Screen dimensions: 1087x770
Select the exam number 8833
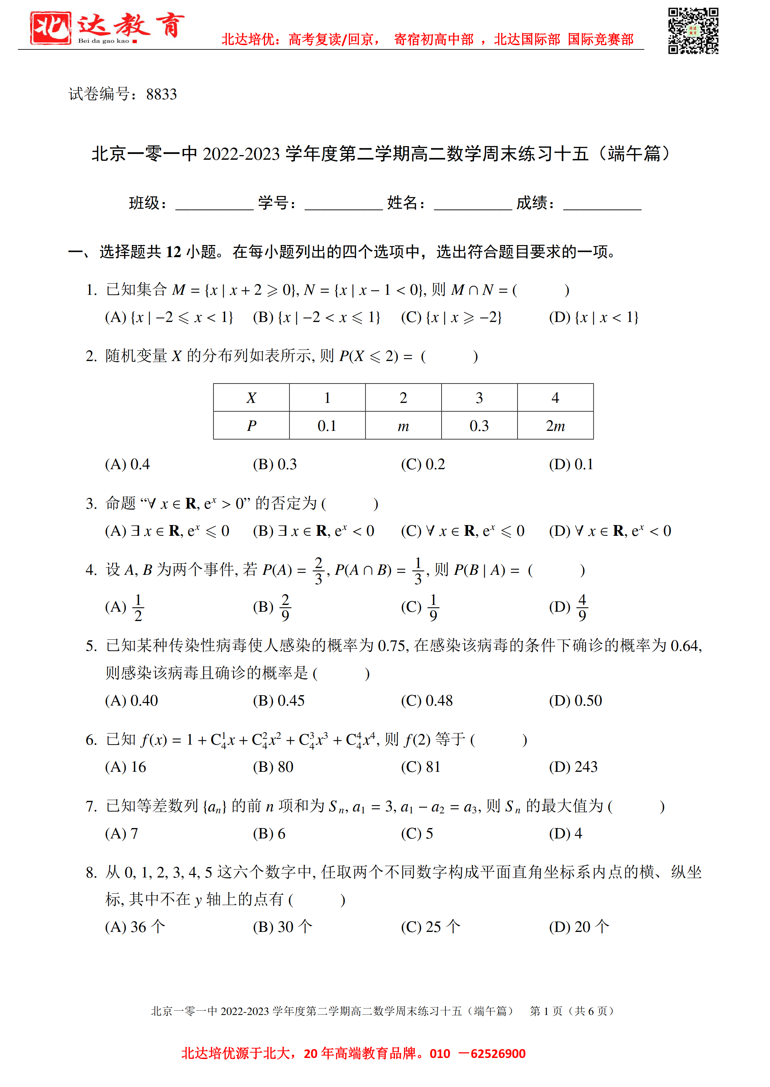pos(161,94)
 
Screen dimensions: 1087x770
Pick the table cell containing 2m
pos(555,426)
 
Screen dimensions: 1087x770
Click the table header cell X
pos(251,398)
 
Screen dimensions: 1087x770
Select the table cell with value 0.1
pos(327,426)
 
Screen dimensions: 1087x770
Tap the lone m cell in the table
pos(403,426)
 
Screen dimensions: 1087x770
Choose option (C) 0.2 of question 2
pos(423,464)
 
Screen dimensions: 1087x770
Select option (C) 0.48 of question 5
pos(427,701)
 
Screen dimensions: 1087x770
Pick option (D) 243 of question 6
pos(573,766)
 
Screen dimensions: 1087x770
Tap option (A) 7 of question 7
pos(121,833)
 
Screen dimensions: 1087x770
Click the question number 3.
pos(91,504)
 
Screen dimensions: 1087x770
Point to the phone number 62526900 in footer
pos(498,1053)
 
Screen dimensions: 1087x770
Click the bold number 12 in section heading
pos(174,252)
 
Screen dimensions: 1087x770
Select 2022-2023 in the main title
pos(241,154)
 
